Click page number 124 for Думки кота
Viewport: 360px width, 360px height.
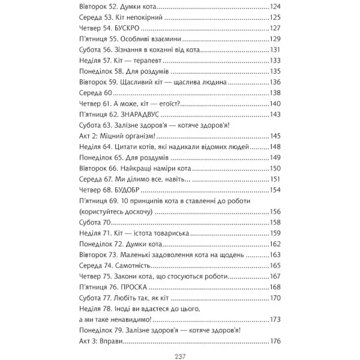point(275,7)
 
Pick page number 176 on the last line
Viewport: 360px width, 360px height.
point(275,341)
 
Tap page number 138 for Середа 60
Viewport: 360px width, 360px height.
point(275,93)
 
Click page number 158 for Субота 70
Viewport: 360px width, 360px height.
point(275,223)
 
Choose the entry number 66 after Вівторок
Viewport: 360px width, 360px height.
point(118,169)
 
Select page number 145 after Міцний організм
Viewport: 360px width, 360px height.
point(275,136)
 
